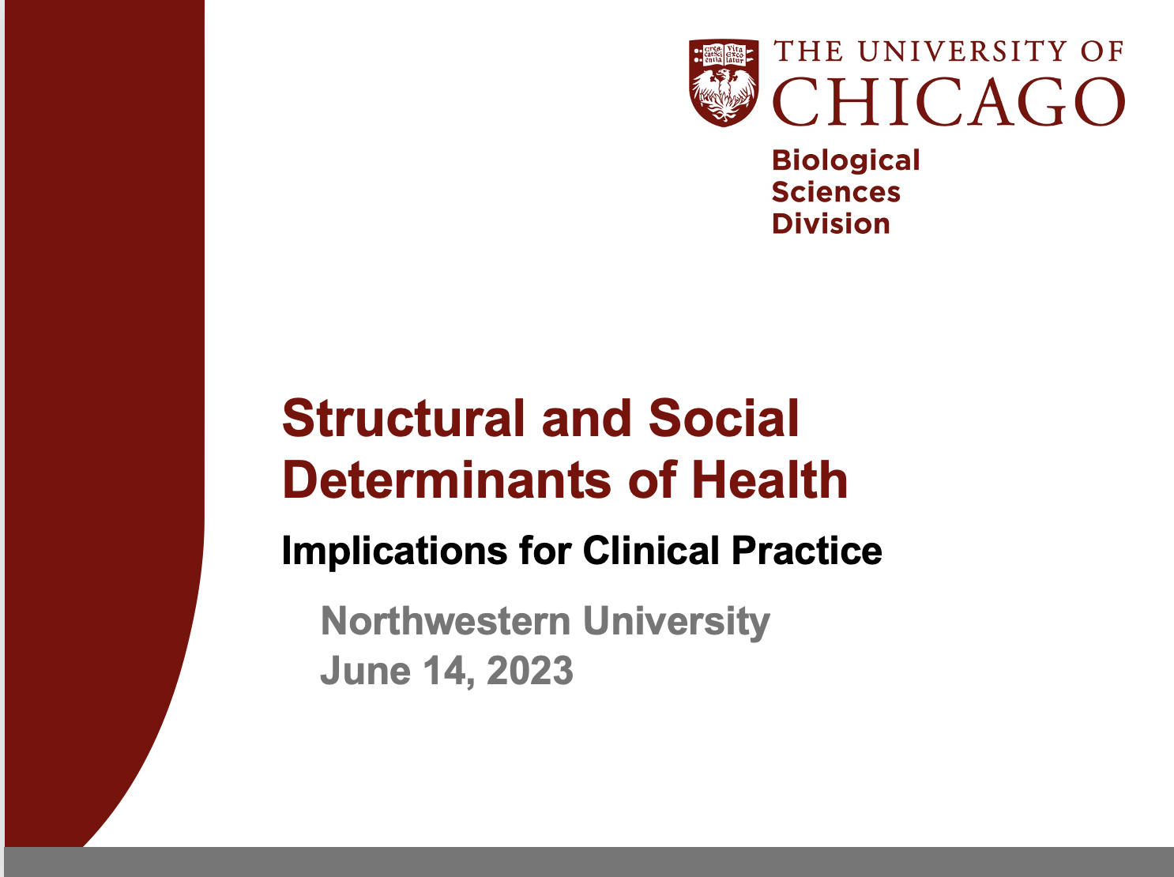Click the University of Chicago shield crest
pos(724,83)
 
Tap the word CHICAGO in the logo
pos(949,102)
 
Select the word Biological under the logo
pos(845,161)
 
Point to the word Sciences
pos(836,192)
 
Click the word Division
pos(830,224)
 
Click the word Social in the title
pos(724,418)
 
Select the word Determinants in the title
pos(446,480)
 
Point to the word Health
pos(769,480)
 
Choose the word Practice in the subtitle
pos(807,550)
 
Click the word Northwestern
pos(446,621)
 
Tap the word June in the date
pos(365,671)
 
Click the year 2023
pos(530,671)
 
